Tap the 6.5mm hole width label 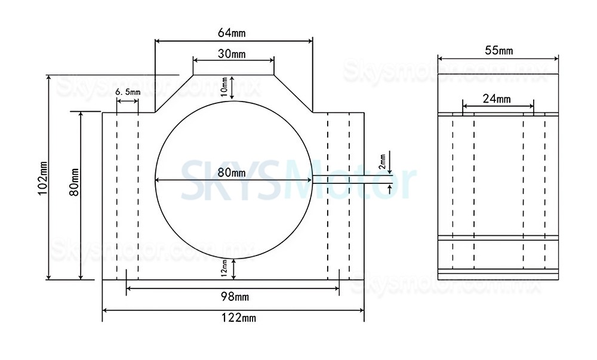[x=127, y=92]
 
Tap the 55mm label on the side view [x=498, y=51]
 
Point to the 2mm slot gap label [x=383, y=160]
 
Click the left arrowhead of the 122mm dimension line [x=106, y=310]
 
